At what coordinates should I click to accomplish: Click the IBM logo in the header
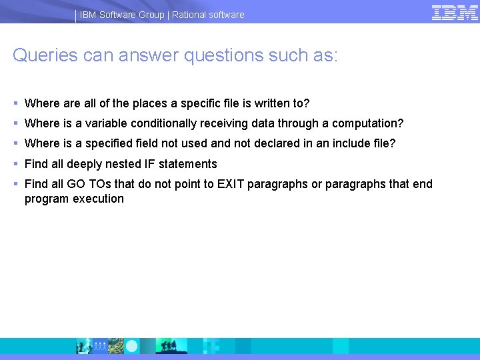[x=454, y=13]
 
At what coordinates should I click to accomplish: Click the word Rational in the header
[x=191, y=15]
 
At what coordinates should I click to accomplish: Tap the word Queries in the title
[x=45, y=55]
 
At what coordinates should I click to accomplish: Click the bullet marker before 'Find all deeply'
[x=15, y=164]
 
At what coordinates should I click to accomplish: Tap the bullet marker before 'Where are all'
[x=15, y=103]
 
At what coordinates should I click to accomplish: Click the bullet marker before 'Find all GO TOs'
[x=15, y=184]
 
